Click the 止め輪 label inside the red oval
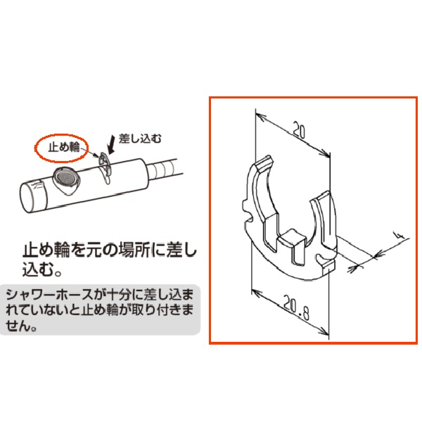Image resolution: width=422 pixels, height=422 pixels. click(62, 148)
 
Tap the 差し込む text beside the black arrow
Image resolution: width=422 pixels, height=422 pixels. click(134, 141)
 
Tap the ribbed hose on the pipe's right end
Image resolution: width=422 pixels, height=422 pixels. click(167, 169)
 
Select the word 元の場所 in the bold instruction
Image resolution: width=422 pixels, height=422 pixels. click(128, 250)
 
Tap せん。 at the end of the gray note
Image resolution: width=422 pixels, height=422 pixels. click(24, 325)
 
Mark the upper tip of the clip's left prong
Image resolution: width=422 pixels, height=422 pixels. click(261, 162)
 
